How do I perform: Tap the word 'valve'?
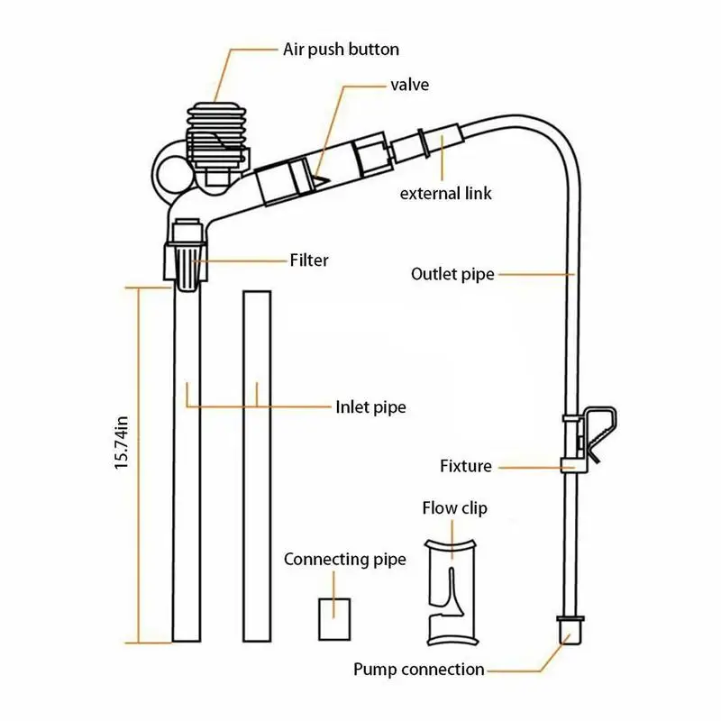point(409,86)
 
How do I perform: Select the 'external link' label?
point(446,193)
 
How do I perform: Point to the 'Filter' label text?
point(309,260)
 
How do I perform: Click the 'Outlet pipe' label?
point(452,274)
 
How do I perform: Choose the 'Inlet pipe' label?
point(370,407)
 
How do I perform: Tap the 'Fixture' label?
point(466,466)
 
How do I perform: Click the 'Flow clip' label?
point(455,508)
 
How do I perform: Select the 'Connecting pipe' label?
point(345,560)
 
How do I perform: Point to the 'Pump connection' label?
point(418,670)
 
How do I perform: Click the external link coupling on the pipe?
point(423,145)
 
